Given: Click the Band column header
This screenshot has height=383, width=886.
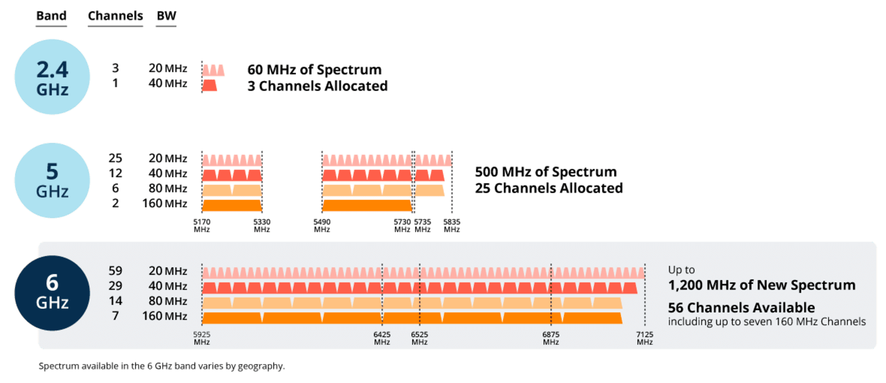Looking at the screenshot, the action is pos(51,16).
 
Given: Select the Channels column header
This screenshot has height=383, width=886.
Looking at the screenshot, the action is pos(115,16).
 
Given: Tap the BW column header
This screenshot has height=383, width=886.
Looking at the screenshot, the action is pos(166,16).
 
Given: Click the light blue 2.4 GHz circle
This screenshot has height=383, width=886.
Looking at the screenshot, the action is pos(52,77).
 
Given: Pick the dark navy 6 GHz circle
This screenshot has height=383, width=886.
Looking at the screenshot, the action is pos(52,293).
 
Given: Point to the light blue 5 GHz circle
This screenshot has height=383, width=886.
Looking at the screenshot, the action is pos(52,181).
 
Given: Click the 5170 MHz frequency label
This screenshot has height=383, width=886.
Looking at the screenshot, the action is pos(202,225).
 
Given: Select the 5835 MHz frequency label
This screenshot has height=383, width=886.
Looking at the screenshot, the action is pos(452,225).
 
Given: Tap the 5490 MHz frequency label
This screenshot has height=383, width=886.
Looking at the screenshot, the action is pos(322,225).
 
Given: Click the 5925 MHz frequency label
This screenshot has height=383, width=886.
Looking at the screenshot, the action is pos(202,338).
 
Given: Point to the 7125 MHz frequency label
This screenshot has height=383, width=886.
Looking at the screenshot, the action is pos(645,338).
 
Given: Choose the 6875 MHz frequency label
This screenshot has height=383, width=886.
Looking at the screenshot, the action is pos(551,338).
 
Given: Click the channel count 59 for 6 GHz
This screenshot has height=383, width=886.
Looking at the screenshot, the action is pos(115,271).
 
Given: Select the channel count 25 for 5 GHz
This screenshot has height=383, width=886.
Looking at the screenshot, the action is pos(115,158).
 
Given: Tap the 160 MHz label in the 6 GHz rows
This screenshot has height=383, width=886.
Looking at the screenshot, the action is pos(165,316).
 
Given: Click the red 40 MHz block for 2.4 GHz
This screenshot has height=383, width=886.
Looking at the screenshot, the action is pos(209,85).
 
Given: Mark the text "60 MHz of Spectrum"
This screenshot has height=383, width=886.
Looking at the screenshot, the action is pos(314,69).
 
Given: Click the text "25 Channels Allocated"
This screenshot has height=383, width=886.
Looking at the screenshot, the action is pos(549,188).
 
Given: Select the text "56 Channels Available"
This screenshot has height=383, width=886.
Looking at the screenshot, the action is pos(741,307).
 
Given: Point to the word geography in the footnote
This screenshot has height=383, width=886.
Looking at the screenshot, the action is pos(261,367).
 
